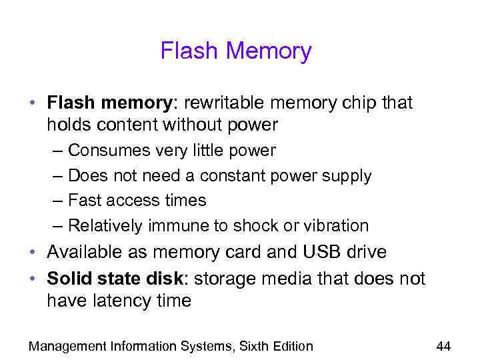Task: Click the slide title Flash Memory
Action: [236, 51]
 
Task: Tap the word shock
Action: [257, 225]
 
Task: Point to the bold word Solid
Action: [69, 279]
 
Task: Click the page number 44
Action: [443, 346]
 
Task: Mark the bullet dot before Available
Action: [32, 253]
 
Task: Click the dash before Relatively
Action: [56, 225]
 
